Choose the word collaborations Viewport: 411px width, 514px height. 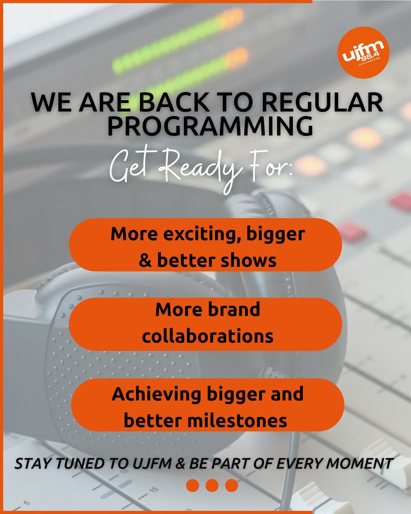208,336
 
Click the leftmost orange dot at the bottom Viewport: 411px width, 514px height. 193,485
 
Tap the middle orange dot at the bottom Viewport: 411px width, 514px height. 212,485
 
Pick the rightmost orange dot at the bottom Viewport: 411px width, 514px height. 231,485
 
